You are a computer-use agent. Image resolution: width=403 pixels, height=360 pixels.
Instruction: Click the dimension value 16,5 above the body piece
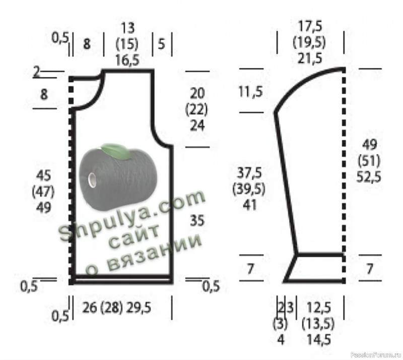tap(127, 61)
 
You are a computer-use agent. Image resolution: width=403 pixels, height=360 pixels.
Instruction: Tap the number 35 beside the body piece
tap(197, 221)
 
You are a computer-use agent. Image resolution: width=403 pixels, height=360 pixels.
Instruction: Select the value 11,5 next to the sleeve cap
tap(250, 92)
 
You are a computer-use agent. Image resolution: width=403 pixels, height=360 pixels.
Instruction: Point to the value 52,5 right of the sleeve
tap(369, 177)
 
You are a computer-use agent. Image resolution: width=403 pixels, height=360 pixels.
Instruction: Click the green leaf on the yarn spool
tap(115, 151)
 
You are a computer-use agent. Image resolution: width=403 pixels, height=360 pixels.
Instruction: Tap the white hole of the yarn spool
tap(92, 179)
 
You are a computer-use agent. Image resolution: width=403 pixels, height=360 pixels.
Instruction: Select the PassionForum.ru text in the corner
tap(376, 355)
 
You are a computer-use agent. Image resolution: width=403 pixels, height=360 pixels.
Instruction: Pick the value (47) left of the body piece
tap(43, 192)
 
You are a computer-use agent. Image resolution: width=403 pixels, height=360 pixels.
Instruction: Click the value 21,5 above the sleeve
tap(310, 58)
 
